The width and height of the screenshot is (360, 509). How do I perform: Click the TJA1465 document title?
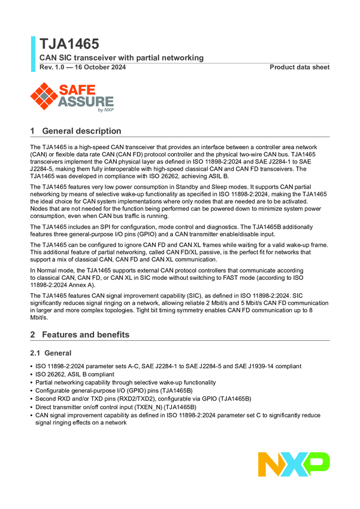[69, 44]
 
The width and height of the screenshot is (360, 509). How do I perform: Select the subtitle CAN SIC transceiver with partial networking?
[121, 57]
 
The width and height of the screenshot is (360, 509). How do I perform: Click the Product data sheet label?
[300, 67]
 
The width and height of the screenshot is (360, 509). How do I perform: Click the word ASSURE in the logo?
[86, 101]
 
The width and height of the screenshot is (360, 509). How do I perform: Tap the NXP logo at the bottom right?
[294, 465]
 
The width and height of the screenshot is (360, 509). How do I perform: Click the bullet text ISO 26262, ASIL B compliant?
[74, 374]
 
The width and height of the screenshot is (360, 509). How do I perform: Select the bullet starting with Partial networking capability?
[125, 382]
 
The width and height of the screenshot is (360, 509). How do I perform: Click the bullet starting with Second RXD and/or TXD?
[143, 398]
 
